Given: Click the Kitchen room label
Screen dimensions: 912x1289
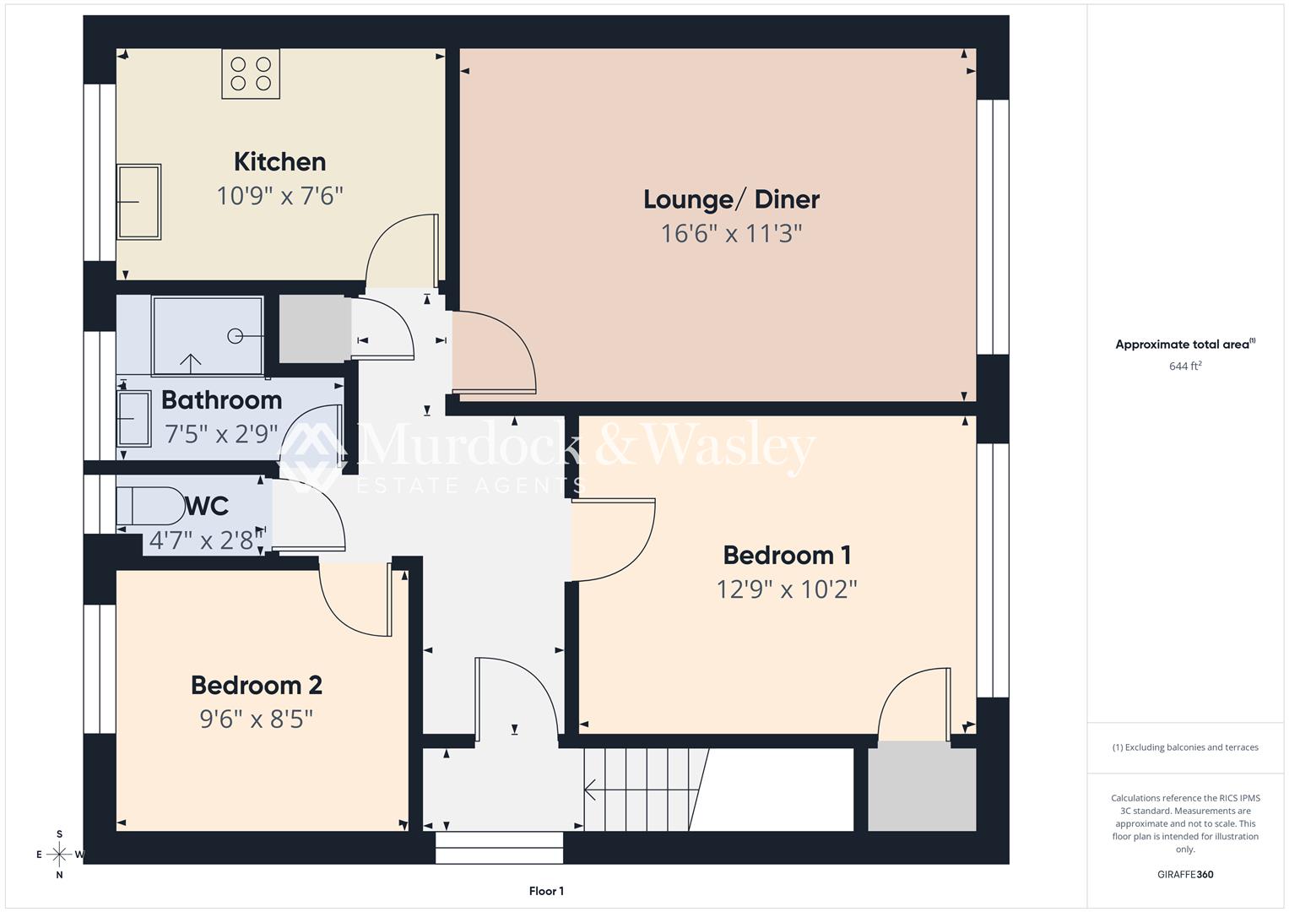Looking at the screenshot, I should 279,161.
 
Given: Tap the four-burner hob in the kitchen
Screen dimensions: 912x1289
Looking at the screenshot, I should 251,73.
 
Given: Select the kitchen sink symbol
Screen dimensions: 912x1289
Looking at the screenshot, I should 138,202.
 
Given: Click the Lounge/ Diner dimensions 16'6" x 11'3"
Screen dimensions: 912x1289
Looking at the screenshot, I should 730,233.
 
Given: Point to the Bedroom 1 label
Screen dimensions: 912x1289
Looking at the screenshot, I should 787,555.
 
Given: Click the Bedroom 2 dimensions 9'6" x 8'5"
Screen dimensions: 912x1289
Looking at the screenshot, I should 256,719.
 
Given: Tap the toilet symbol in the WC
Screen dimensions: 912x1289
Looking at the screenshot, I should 152,506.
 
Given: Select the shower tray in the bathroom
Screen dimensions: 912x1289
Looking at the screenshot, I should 208,335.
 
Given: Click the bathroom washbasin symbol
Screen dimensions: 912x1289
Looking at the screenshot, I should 133,418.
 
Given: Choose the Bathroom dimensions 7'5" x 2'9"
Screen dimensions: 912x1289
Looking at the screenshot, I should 221,434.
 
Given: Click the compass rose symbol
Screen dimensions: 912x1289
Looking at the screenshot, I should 59,854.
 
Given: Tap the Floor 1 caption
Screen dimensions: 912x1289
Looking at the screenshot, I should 546,891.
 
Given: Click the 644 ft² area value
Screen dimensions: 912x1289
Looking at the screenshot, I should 1185,366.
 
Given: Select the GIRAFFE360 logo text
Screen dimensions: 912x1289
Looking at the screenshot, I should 1185,874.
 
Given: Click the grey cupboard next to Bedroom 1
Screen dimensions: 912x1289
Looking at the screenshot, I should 922,788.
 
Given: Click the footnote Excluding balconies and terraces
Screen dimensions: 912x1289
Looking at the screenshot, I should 1185,747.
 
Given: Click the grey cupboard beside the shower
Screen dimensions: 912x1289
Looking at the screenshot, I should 314,328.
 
